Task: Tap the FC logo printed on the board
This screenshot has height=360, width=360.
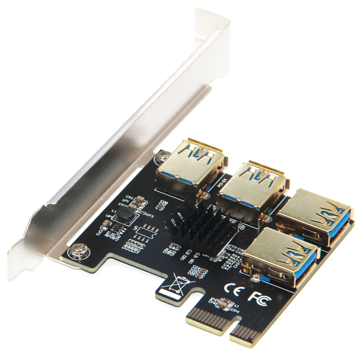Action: tap(259, 296)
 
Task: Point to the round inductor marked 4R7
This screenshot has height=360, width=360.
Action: tap(124, 216)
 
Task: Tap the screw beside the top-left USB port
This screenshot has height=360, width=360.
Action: tap(162, 154)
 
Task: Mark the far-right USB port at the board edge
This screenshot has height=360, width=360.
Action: tap(316, 218)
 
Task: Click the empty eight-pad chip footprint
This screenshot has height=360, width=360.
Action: tap(145, 232)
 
